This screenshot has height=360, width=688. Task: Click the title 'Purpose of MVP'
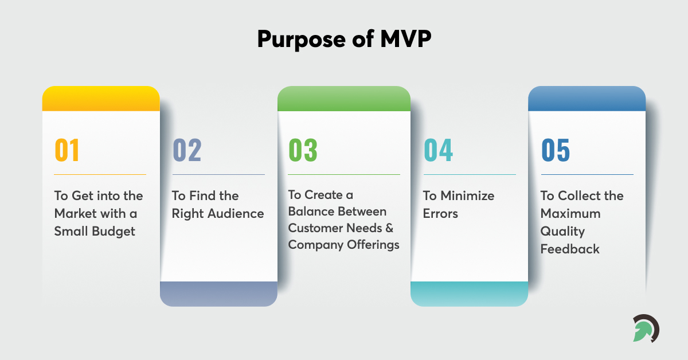(x=343, y=39)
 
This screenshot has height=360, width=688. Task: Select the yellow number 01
(x=67, y=150)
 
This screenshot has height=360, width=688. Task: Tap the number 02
(x=187, y=150)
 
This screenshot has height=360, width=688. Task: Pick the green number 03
(x=303, y=150)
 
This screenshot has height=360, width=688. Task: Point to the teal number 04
(x=438, y=150)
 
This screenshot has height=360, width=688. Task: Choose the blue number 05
(x=556, y=150)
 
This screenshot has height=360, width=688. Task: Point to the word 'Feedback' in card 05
(x=570, y=249)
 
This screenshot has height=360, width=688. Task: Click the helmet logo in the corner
(x=646, y=328)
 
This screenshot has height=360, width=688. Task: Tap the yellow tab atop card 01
(x=101, y=99)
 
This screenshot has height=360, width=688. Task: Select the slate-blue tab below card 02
(x=218, y=294)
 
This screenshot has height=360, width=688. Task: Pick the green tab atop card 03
(x=344, y=99)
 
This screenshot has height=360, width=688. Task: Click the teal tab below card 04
(x=469, y=294)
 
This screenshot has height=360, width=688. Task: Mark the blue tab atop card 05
(x=587, y=99)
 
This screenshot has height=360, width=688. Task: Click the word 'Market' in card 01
(x=73, y=213)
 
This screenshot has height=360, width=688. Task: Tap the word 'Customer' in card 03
(x=312, y=228)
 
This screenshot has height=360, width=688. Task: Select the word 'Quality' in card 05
(x=562, y=231)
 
